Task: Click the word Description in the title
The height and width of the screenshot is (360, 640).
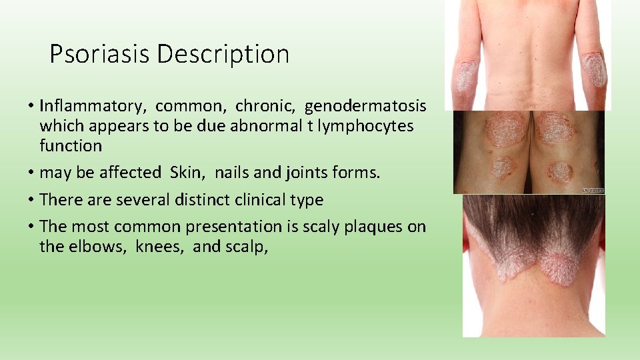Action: point(223,54)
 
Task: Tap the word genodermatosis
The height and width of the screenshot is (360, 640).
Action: point(365,106)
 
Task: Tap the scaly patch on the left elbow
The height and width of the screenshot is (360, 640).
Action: point(465,76)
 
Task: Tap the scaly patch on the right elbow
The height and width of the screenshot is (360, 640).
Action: point(595,71)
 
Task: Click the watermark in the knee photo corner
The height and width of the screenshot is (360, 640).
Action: point(593,190)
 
